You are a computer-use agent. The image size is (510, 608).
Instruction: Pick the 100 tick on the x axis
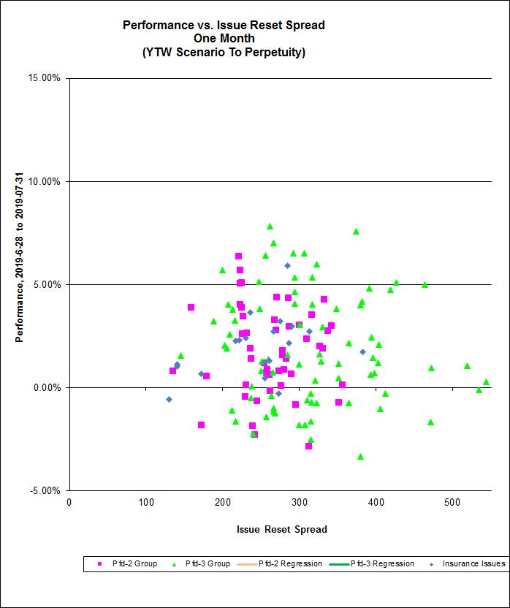[x=146, y=502]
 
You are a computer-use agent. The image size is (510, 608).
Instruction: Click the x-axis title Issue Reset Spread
[x=281, y=529]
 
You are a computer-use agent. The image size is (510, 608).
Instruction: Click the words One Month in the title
[x=224, y=39]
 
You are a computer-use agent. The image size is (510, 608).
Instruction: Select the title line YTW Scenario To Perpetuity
[x=224, y=53]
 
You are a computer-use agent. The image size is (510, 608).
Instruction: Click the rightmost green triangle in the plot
[x=486, y=381]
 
